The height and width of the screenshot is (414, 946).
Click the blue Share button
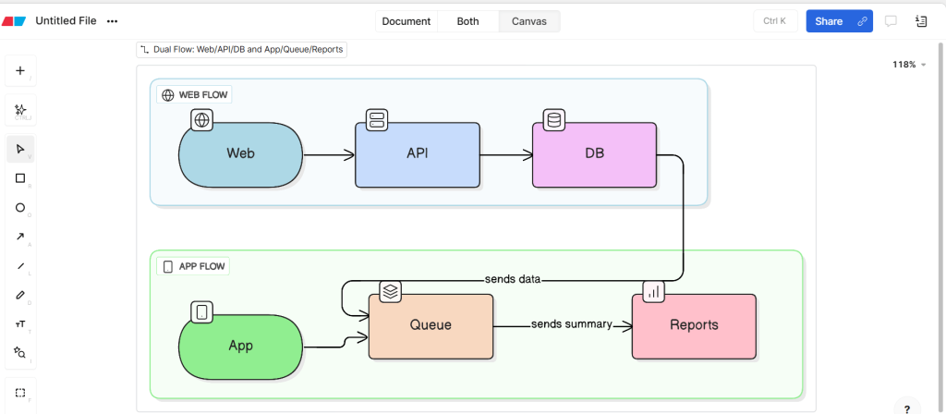[829, 21]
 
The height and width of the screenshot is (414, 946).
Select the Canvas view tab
[528, 21]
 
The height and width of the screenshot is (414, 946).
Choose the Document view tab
[406, 21]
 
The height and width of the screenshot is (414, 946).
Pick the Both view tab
[467, 21]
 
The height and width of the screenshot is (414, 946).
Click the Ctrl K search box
[775, 21]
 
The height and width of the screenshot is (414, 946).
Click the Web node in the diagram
[240, 154]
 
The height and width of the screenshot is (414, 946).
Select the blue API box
[418, 154]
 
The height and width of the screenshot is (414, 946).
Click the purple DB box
[594, 154]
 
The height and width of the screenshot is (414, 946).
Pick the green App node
[240, 346]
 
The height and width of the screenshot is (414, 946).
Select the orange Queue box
[431, 325]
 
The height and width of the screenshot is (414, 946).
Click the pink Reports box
[693, 325]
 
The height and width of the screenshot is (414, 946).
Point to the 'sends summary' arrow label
[571, 324]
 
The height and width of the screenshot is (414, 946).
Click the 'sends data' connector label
[512, 278]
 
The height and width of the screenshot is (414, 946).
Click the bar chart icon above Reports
[654, 291]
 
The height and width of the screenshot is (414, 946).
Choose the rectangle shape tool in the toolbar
[20, 178]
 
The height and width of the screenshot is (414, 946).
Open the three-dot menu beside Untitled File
[113, 21]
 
